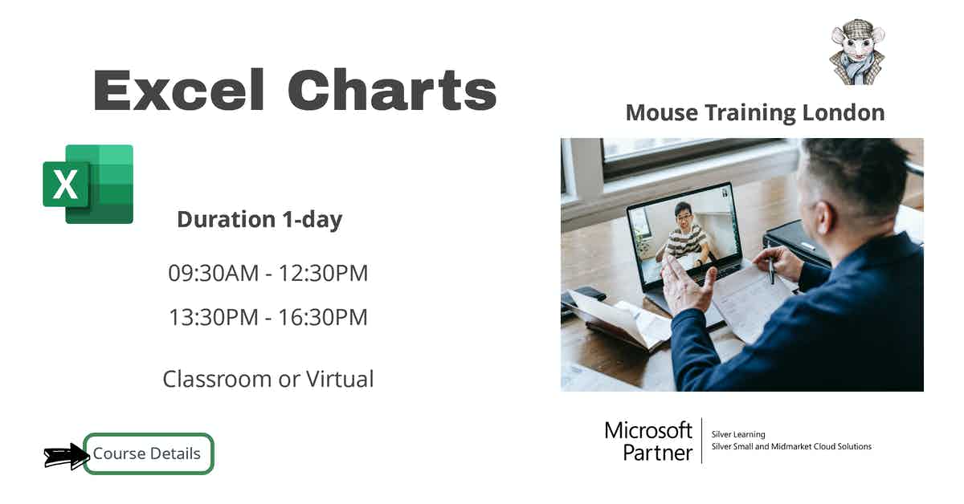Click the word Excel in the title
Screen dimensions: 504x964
178,89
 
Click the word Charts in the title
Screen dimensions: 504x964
392,89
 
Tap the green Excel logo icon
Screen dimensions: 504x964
88,184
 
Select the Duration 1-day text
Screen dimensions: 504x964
259,219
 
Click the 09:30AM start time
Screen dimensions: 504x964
214,273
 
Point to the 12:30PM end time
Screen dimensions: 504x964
323,273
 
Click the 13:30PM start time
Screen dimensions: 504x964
214,317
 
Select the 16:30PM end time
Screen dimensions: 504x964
323,317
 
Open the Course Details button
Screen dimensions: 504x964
148,453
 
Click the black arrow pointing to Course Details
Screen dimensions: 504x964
64,456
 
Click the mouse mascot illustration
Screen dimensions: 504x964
856,53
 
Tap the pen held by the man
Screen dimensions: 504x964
771,270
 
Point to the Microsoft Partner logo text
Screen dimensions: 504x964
648,441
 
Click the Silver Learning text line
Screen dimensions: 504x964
738,434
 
